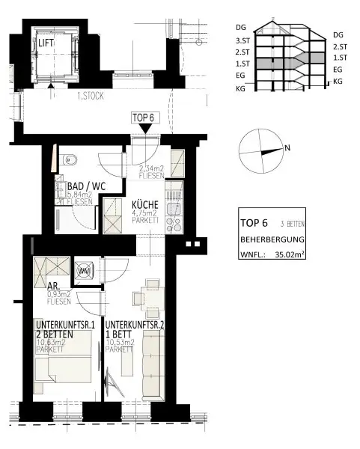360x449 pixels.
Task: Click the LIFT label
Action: [48, 43]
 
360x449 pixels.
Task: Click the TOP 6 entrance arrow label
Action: [142, 117]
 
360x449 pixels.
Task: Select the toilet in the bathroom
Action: [70, 159]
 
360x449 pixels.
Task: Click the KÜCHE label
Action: [145, 204]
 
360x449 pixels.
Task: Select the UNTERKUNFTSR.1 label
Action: [65, 325]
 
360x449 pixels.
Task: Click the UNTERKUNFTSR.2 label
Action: [135, 325]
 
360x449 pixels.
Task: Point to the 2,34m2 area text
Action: [153, 170]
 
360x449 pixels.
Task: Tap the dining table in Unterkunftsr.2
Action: [152, 301]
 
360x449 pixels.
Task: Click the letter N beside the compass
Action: [287, 148]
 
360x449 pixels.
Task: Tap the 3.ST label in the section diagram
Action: [242, 40]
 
